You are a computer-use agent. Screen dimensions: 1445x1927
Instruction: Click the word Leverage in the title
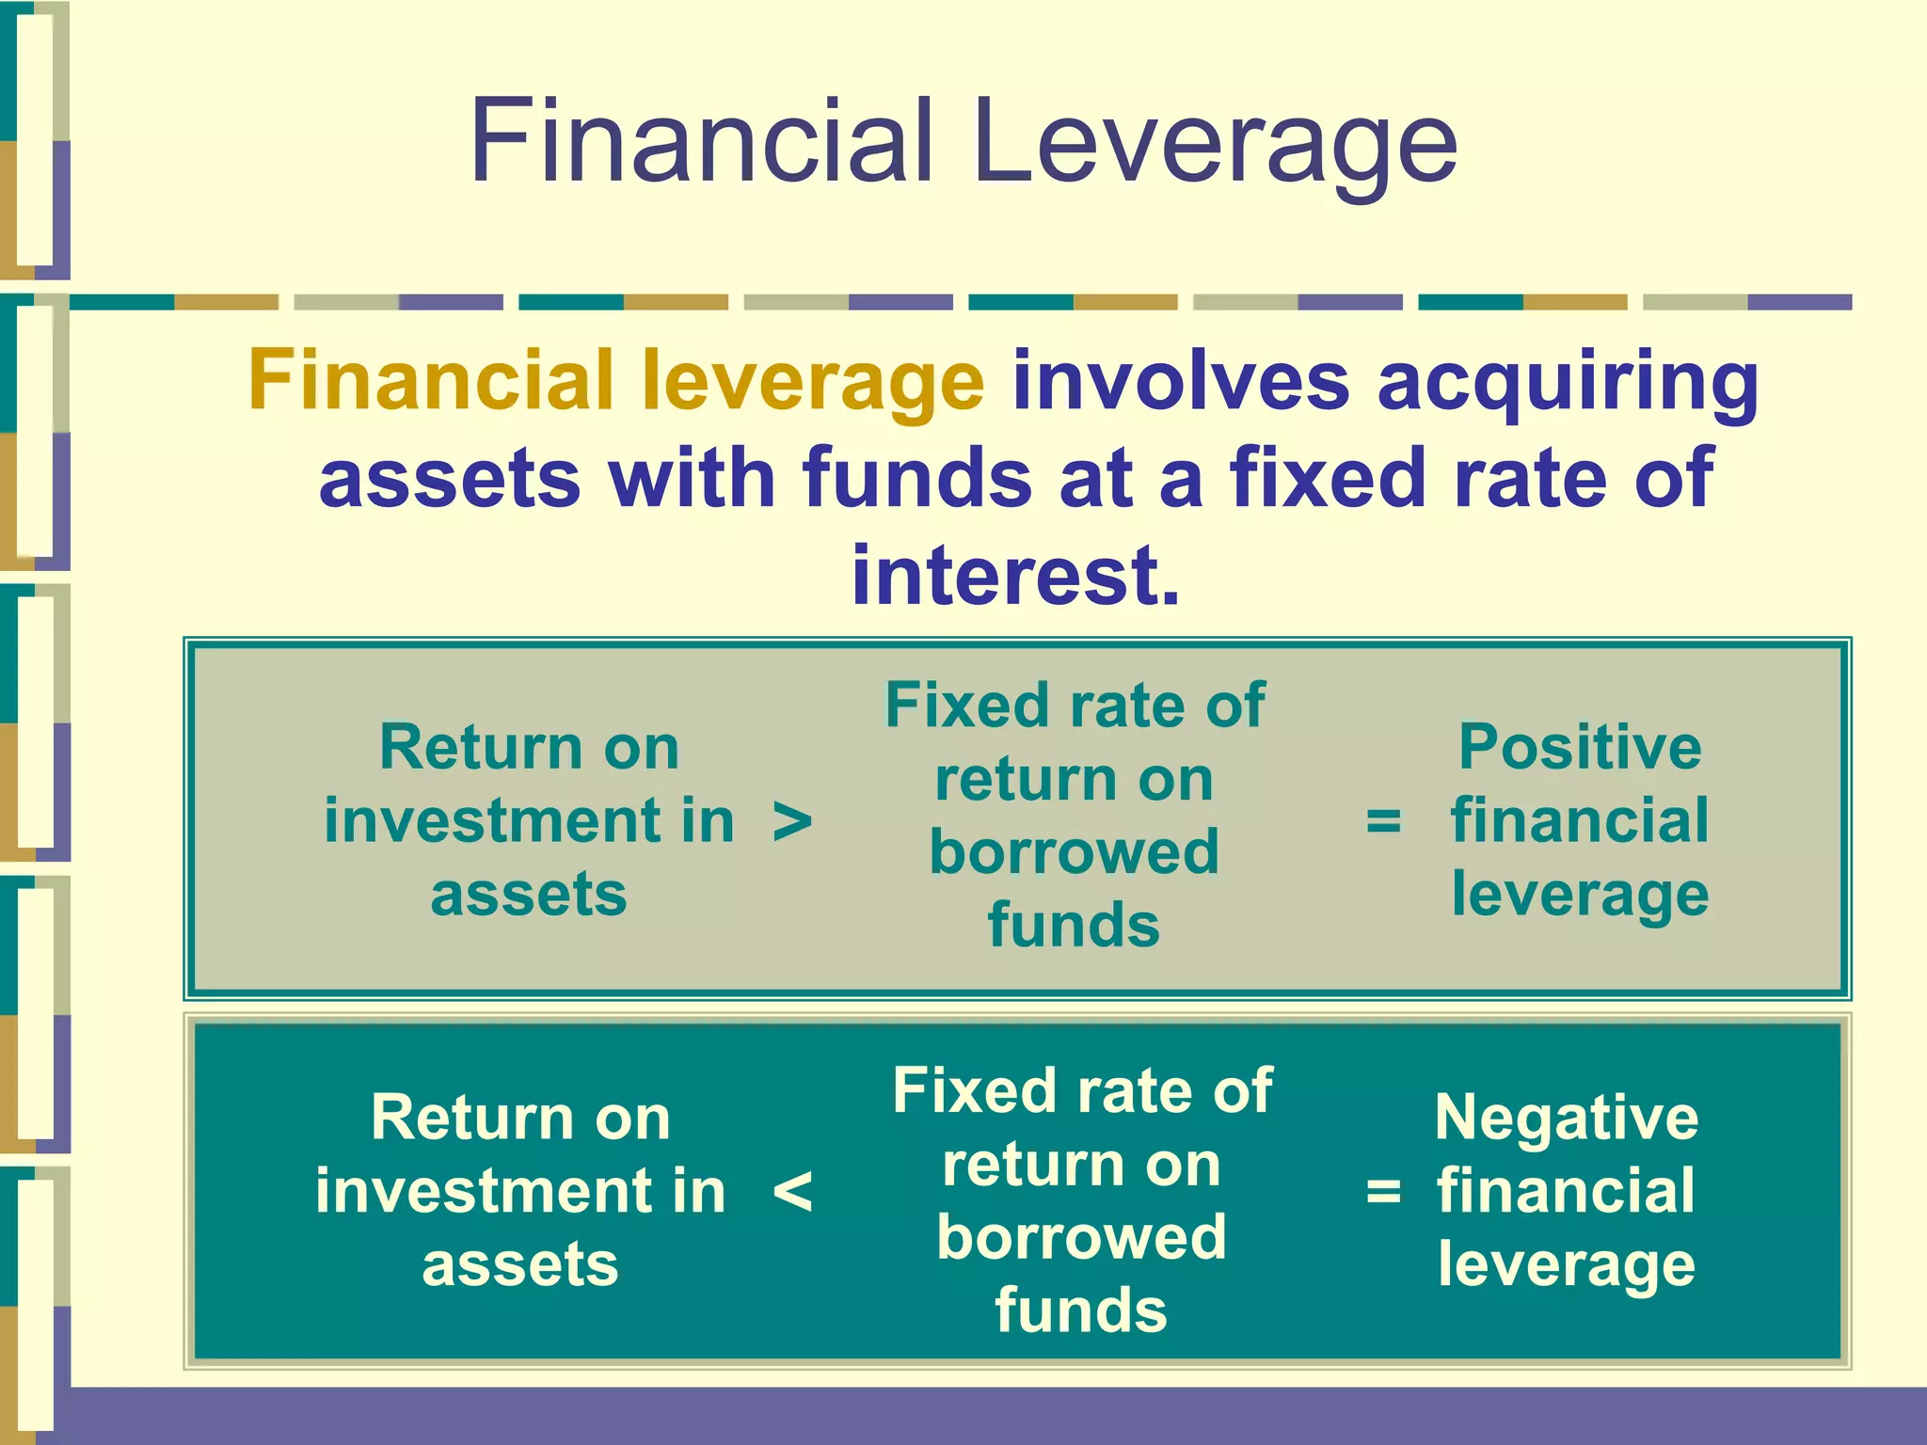(1214, 143)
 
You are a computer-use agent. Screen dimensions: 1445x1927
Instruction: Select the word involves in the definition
(1180, 380)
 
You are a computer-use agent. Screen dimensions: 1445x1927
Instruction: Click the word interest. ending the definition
(1014, 575)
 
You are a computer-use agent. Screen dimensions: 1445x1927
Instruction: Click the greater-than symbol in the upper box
(791, 822)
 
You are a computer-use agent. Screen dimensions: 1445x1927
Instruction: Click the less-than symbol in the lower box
(791, 1193)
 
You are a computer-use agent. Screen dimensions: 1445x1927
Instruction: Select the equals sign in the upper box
(1383, 820)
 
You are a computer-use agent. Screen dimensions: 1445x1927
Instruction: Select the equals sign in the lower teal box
(1383, 1192)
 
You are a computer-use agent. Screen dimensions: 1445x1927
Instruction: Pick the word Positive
(1580, 747)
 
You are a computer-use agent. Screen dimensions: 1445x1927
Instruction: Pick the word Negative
(1567, 1118)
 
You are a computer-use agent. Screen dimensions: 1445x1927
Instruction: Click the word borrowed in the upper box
(1074, 852)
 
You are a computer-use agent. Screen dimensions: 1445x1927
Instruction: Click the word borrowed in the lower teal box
(1081, 1237)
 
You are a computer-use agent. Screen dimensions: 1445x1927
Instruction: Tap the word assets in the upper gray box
(529, 894)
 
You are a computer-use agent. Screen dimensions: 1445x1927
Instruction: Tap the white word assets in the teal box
(520, 1264)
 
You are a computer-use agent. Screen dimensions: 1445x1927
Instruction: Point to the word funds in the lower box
(1081, 1310)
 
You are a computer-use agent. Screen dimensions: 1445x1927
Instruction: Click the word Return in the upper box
(454, 748)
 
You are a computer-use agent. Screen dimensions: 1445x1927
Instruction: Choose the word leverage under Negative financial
(1567, 1266)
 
